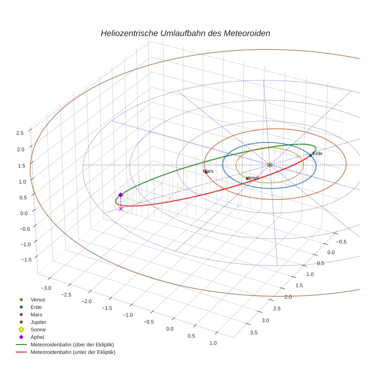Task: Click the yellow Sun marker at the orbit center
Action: point(270,165)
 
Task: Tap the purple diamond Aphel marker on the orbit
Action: point(121,195)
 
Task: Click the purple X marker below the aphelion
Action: point(121,208)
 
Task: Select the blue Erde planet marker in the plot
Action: point(310,155)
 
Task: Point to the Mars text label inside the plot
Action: point(208,171)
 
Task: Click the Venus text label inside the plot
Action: point(253,178)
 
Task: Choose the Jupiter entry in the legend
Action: point(38,322)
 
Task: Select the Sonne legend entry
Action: point(38,330)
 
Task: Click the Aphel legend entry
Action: point(37,337)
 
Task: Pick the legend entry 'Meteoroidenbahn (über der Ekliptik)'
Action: point(72,345)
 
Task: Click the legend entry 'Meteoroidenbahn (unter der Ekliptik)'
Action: point(73,352)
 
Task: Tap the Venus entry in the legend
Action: point(38,299)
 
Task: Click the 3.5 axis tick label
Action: point(253,332)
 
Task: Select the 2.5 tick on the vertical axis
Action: point(20,133)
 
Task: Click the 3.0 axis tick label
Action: point(265,320)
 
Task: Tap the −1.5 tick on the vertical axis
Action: point(17,260)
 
